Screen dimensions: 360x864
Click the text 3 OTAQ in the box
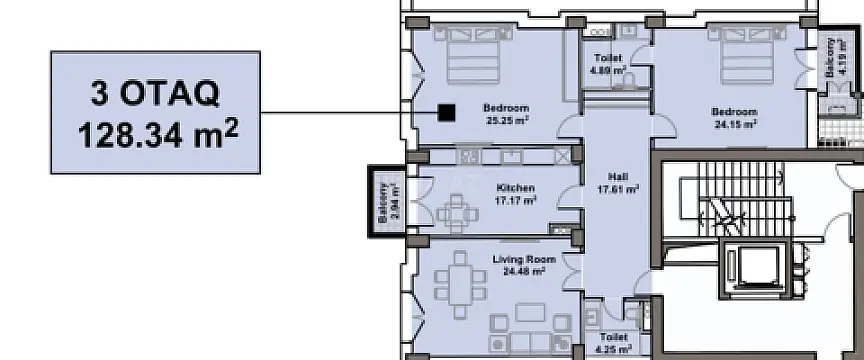154,96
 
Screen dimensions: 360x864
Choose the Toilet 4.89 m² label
608,65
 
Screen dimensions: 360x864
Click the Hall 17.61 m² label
617,182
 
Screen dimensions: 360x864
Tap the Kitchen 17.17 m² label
515,193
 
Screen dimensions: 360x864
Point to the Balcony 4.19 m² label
832,62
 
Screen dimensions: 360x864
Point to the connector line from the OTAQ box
340,112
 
